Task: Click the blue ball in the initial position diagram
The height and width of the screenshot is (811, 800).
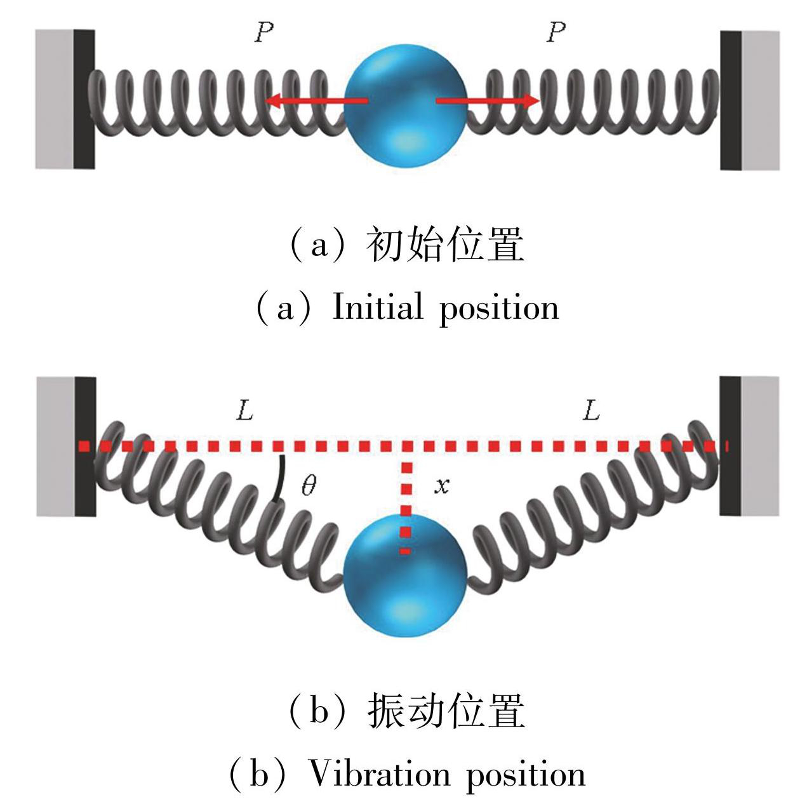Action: pyautogui.click(x=405, y=105)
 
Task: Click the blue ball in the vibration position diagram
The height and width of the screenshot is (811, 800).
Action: pyautogui.click(x=405, y=577)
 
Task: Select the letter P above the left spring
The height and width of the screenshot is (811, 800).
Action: pyautogui.click(x=264, y=32)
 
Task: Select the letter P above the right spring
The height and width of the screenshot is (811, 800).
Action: pyautogui.click(x=556, y=32)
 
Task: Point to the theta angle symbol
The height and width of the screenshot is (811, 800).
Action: pyautogui.click(x=309, y=486)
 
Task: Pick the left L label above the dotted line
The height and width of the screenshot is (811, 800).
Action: pyautogui.click(x=245, y=412)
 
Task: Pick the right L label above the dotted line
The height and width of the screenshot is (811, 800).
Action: pyautogui.click(x=591, y=412)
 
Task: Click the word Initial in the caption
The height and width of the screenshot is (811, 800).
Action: pyautogui.click(x=378, y=308)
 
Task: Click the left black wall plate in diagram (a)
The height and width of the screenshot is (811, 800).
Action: pyautogui.click(x=84, y=99)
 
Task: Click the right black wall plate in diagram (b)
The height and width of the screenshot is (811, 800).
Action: pyautogui.click(x=730, y=446)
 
